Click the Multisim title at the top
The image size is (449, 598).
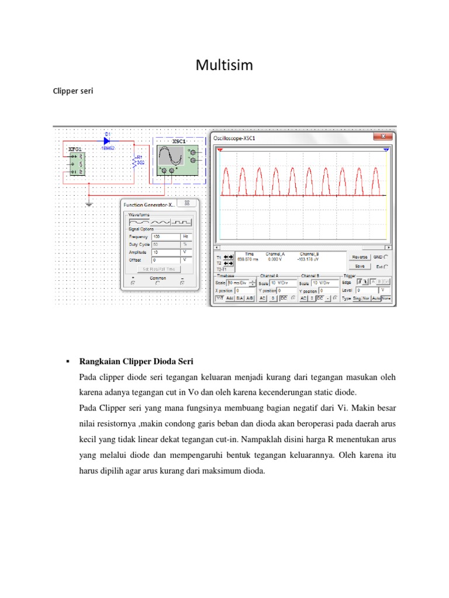coord(224,65)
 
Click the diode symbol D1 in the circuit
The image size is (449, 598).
coord(108,141)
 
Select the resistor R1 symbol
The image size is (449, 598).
coord(137,161)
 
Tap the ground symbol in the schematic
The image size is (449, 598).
coord(88,204)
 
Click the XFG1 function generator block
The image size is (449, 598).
coord(75,164)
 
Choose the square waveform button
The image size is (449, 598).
coord(181,222)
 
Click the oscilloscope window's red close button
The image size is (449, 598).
coord(384,137)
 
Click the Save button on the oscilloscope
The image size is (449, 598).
coord(360,266)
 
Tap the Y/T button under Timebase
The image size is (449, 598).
coord(220,298)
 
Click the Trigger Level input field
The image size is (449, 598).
coord(367,290)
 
